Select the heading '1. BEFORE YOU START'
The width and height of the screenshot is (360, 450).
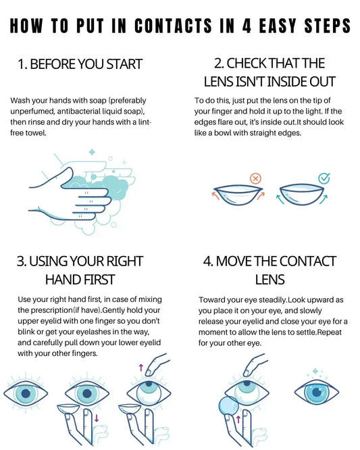pyautogui.click(x=80, y=65)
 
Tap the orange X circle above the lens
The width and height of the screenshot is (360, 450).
pyautogui.click(x=255, y=178)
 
